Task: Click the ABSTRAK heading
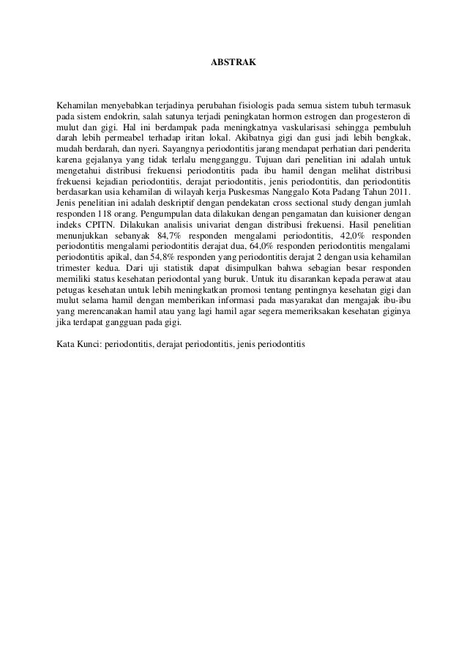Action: [x=233, y=65]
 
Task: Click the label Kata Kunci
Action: [x=79, y=343]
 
